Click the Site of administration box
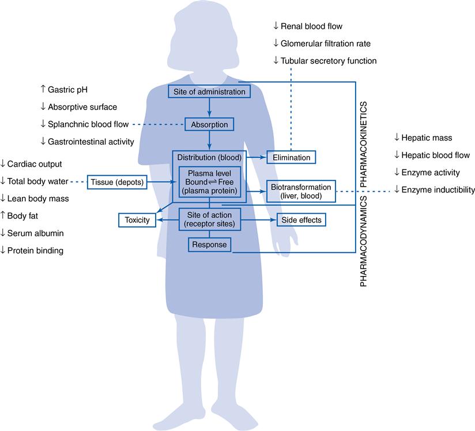[209, 92]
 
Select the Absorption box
[209, 124]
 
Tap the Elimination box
[291, 157]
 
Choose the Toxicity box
[137, 220]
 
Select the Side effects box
[301, 220]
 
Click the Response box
[209, 245]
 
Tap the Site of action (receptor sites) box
[209, 220]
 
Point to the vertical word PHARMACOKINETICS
[364, 143]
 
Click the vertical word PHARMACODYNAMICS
[364, 241]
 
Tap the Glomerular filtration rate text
[325, 43]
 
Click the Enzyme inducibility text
[438, 190]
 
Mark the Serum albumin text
[35, 233]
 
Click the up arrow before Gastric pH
[43, 90]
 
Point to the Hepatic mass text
[427, 138]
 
